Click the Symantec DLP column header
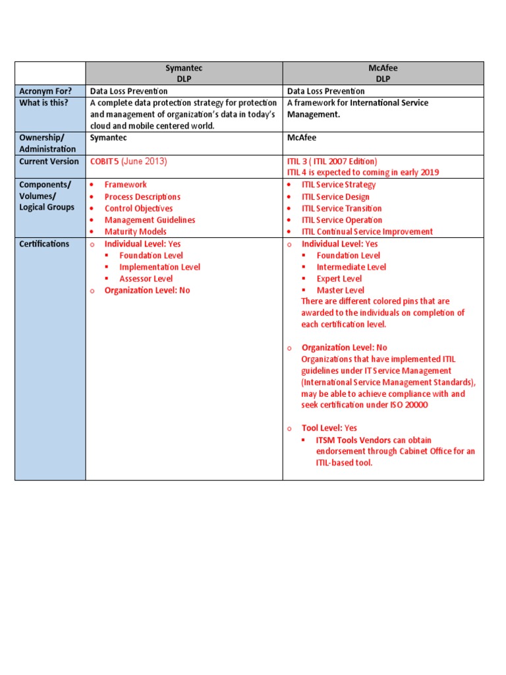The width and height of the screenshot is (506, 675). click(x=184, y=73)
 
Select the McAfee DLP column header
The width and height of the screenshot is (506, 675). click(x=383, y=73)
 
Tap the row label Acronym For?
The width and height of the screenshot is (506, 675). click(x=45, y=91)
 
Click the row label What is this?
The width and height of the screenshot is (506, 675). click(x=43, y=103)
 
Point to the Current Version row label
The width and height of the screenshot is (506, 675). click(x=49, y=161)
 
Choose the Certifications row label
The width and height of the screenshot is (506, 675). click(x=44, y=244)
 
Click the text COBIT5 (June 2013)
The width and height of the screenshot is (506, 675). click(x=128, y=161)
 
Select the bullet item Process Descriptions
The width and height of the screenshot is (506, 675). click(x=142, y=197)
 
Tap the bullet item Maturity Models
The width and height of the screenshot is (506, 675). click(x=135, y=232)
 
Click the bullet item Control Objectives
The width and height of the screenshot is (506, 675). click(x=138, y=208)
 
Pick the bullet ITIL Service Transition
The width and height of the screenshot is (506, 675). click(x=341, y=208)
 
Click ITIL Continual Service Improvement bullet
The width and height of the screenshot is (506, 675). click(x=367, y=232)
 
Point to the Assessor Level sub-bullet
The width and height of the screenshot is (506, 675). click(x=146, y=279)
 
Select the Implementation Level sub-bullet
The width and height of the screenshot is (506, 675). click(x=159, y=267)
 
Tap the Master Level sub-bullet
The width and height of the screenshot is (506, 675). click(x=340, y=290)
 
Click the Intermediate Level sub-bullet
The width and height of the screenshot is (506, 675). click(x=351, y=267)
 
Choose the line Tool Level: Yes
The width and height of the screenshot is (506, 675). click(x=329, y=428)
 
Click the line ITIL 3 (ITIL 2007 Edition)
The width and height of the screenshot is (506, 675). click(x=332, y=161)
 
